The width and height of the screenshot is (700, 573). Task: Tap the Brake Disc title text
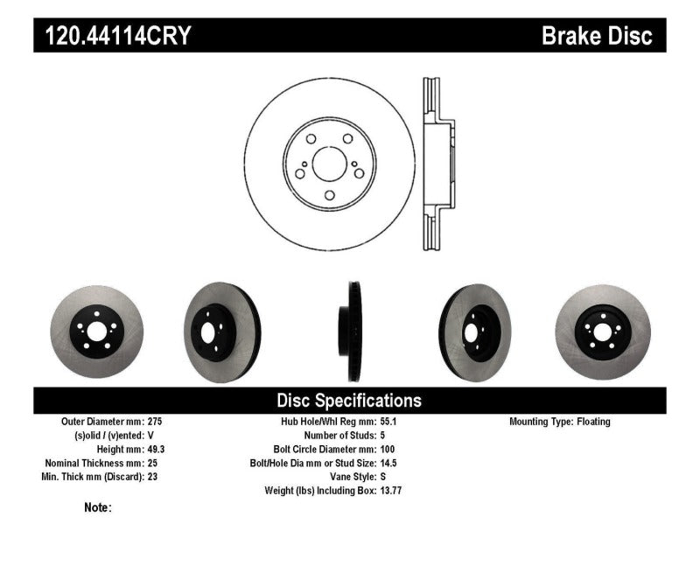598,36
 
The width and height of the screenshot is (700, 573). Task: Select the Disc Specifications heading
349,401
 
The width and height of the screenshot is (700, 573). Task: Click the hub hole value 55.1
388,421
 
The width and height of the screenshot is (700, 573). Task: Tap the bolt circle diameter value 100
387,449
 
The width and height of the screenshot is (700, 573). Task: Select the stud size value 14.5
388,463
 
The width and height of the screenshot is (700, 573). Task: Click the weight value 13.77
390,491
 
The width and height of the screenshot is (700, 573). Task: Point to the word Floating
593,421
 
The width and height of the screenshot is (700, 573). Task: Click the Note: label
98,507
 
